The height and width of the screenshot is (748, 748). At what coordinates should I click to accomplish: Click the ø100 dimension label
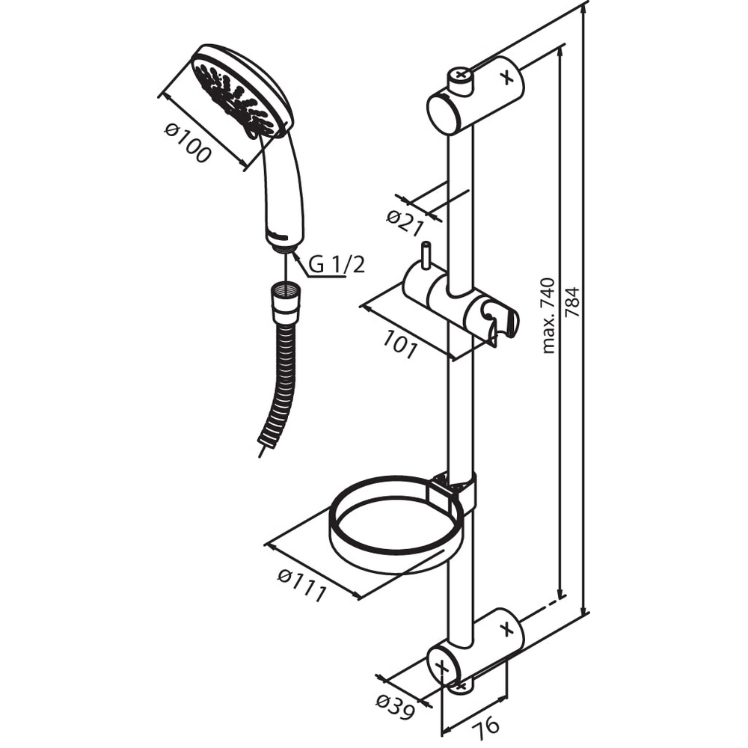[188, 143]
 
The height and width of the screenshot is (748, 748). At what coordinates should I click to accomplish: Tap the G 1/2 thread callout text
[337, 264]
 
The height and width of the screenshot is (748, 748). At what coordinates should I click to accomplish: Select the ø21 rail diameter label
[405, 223]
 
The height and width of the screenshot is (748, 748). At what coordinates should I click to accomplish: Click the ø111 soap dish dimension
[302, 586]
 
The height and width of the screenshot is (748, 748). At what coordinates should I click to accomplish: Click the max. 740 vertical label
[549, 316]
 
